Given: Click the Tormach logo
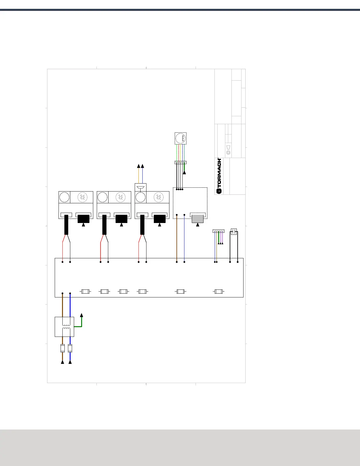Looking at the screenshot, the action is [219, 176].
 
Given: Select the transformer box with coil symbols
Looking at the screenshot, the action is [64, 327].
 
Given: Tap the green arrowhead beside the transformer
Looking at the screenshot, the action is [81, 315].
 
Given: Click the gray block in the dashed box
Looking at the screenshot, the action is [197, 219].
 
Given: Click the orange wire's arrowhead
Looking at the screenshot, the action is [139, 166].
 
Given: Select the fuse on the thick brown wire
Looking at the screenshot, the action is [62, 348].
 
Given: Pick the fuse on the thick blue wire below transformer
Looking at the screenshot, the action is [70, 348].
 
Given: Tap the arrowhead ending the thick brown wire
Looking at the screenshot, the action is [62, 362].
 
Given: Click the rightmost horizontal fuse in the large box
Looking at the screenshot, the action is [219, 292].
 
